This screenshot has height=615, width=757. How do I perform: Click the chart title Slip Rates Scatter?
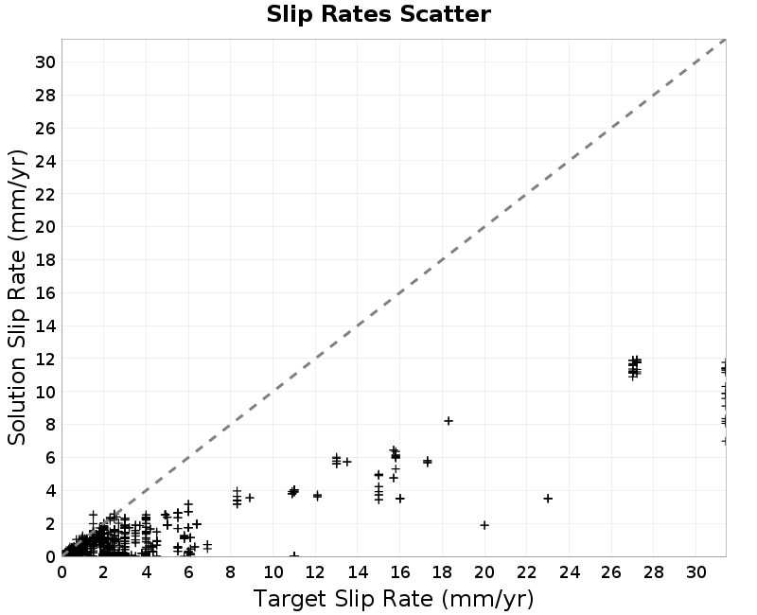coord(378,14)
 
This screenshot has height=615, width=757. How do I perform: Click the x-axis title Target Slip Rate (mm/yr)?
coord(394,599)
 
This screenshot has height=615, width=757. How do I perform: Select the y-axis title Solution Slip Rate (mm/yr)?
coord(17,297)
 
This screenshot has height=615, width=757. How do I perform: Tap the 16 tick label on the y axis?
coord(44,293)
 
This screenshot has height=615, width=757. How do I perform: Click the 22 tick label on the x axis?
coord(527,572)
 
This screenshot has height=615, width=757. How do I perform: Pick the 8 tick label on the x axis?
coord(231,572)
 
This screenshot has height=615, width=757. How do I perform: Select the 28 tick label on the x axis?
coord(654,572)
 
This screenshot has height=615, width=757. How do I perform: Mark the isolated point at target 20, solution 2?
coord(484,525)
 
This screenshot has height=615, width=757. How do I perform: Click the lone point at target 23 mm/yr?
coord(548,499)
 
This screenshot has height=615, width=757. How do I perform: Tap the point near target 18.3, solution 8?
coord(449,421)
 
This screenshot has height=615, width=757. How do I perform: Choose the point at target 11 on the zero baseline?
coord(294,555)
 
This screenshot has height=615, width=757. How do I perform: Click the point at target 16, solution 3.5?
coord(399,499)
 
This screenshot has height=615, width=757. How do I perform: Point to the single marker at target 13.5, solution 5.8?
coord(346,462)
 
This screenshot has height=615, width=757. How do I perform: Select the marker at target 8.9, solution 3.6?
coord(250,498)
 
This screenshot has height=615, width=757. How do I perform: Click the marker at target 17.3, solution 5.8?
coord(428,462)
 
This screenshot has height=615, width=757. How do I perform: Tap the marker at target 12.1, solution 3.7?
coord(317,495)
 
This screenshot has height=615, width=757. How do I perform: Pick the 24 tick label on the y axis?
coord(44,161)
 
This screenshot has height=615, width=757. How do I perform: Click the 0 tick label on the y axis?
coord(50,556)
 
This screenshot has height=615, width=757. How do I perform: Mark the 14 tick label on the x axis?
coord(358,572)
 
